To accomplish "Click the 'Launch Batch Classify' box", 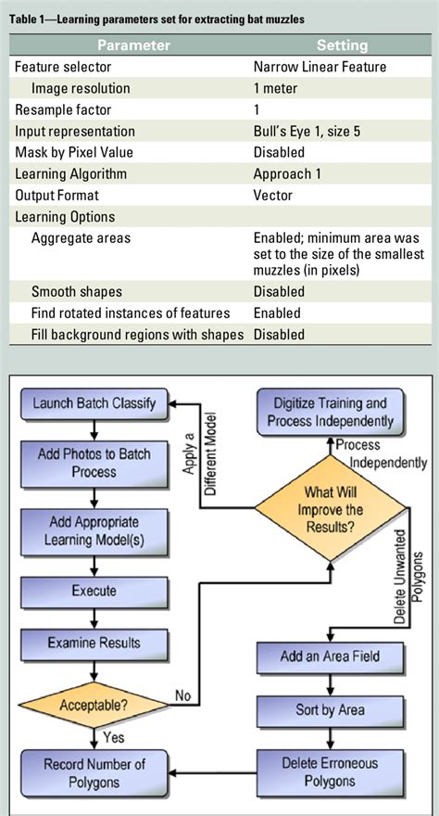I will click(x=94, y=403).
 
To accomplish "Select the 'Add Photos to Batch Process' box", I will click(x=94, y=461).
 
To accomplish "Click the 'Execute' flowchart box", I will click(x=94, y=590).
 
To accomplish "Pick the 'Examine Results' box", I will click(x=94, y=642).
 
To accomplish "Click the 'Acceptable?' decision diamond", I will click(x=94, y=705).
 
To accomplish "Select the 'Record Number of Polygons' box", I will click(x=94, y=772).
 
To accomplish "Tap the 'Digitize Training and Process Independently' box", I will click(x=330, y=412).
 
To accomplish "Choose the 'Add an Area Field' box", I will click(x=330, y=657).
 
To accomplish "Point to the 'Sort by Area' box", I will click(x=330, y=710).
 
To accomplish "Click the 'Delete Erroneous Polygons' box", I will click(x=330, y=772).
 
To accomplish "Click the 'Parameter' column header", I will click(x=133, y=45).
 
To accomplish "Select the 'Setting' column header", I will click(x=342, y=45).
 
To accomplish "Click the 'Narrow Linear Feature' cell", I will click(x=320, y=67).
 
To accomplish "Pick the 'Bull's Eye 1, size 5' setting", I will click(x=307, y=132).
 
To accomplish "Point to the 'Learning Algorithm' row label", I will click(x=70, y=173).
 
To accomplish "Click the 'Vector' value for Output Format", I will click(x=273, y=195).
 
